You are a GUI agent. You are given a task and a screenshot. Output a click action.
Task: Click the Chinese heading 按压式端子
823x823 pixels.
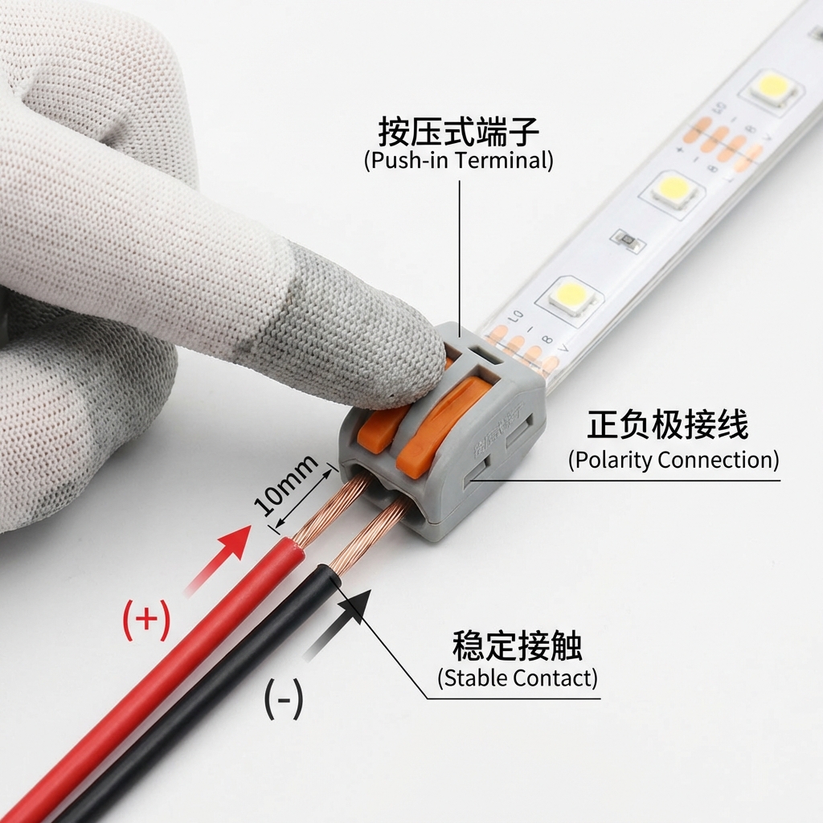pyautogui.click(x=459, y=131)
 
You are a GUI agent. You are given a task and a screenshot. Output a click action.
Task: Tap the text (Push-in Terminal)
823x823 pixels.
pyautogui.click(x=459, y=160)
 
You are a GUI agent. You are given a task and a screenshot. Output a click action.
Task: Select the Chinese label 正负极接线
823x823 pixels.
pyautogui.click(x=667, y=425)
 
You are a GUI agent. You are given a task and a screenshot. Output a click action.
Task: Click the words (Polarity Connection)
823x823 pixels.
pyautogui.click(x=674, y=461)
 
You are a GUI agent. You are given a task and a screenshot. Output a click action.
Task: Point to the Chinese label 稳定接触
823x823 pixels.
pyautogui.click(x=517, y=645)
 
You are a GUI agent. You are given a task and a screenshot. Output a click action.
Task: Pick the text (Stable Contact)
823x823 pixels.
pyautogui.click(x=518, y=678)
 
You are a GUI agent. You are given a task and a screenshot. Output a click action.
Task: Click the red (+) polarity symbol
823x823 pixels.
pyautogui.click(x=146, y=621)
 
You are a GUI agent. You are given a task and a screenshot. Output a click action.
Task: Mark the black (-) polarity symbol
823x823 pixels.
pyautogui.click(x=284, y=701)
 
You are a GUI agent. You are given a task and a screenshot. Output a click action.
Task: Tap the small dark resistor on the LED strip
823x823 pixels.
pyautogui.click(x=626, y=240)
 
